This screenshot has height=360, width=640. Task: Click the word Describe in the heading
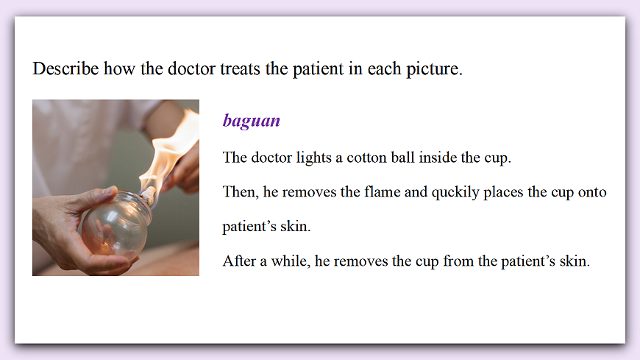(x=65, y=70)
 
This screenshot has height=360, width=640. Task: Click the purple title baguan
(x=252, y=121)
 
